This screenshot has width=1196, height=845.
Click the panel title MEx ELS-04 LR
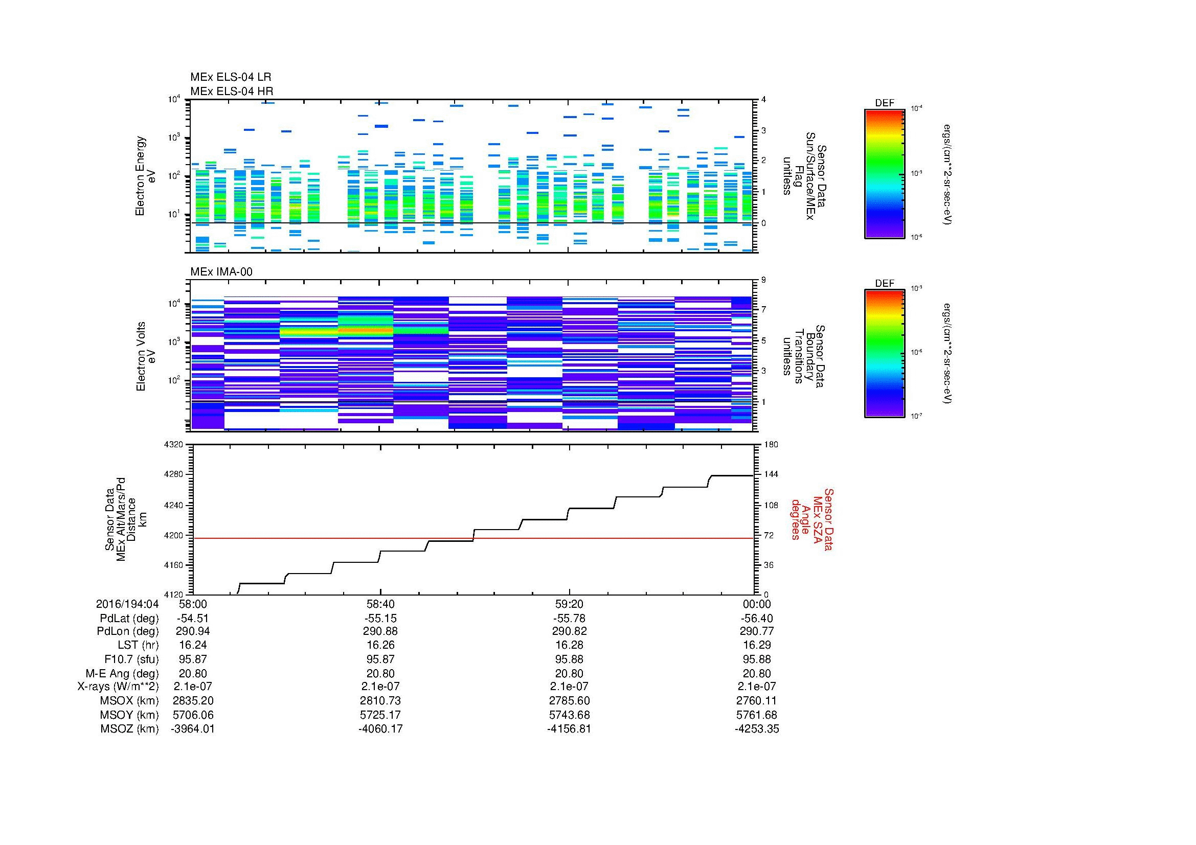coord(230,77)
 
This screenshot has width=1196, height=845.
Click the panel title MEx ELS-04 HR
coord(231,91)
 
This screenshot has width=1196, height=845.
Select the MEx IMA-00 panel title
coord(221,272)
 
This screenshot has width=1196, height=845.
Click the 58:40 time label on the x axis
coord(380,604)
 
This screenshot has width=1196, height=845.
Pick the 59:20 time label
coord(569,604)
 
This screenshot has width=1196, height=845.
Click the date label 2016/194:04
coord(127,604)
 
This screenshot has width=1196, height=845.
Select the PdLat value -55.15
coord(380,619)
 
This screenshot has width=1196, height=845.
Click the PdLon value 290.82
coord(569,631)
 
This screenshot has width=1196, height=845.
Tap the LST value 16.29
coord(757,646)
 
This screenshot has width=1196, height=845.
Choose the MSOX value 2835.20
coord(193,701)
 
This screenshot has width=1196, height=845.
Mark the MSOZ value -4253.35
coord(757,729)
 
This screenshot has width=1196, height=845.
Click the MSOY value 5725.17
coord(380,715)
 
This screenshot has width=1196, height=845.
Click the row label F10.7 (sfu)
coord(131,659)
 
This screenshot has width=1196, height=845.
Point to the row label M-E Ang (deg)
coord(122,674)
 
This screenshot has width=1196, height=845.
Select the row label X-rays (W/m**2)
coord(118,687)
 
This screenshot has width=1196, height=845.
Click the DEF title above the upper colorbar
coord(885,103)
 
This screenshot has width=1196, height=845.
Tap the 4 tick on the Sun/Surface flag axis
coord(763,100)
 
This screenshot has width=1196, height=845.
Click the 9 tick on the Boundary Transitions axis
coord(763,280)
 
